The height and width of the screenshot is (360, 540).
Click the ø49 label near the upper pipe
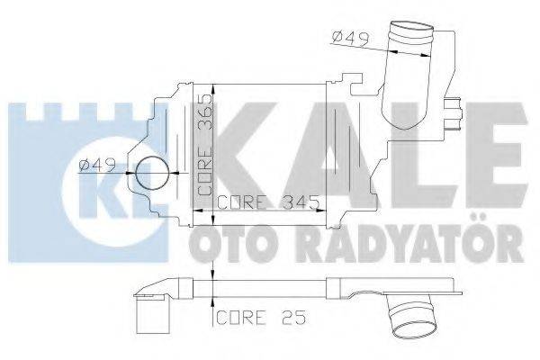tap(346, 38)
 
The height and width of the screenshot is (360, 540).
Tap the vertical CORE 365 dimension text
tap(205, 143)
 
